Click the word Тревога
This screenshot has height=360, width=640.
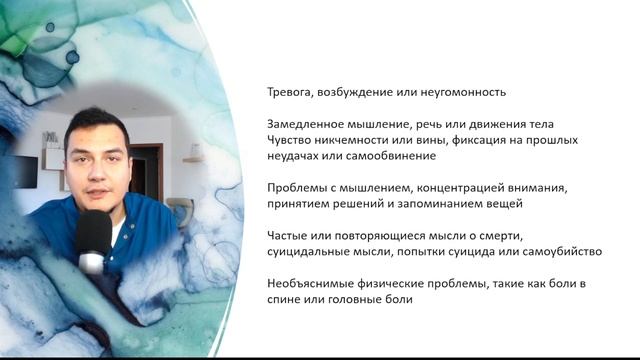click(x=289, y=92)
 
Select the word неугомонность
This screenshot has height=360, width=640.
click(x=460, y=92)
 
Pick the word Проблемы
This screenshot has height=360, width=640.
click(x=297, y=188)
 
